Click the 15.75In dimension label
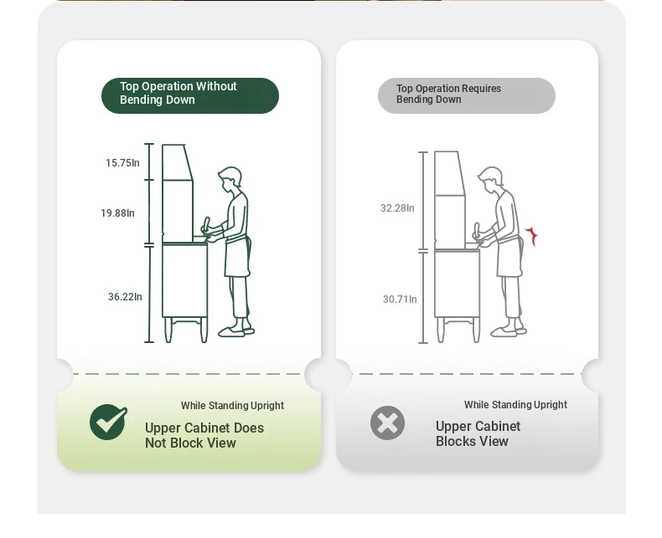(x=122, y=163)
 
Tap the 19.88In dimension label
(x=117, y=213)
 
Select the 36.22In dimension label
(x=125, y=297)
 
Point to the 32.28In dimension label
(x=397, y=208)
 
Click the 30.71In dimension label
(x=400, y=299)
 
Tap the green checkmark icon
(x=108, y=422)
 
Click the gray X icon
(x=388, y=423)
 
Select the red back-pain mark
(x=531, y=236)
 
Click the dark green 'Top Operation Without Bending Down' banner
(x=190, y=95)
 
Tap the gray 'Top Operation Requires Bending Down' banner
(x=467, y=95)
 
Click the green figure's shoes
(x=236, y=331)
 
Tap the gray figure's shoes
(x=509, y=331)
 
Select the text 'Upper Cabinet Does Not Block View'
(x=204, y=436)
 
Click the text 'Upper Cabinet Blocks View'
(x=478, y=433)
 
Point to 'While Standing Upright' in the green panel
(x=232, y=406)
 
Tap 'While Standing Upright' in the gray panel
(x=515, y=405)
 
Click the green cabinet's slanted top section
(x=178, y=162)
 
